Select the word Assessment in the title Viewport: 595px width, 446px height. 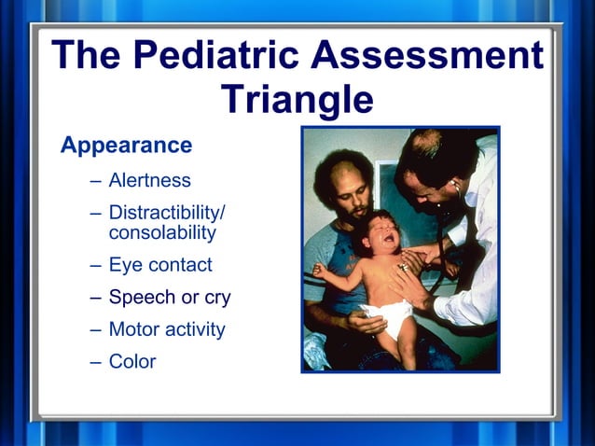(427, 56)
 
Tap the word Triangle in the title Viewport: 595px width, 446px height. (297, 99)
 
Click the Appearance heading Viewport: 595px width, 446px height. (126, 146)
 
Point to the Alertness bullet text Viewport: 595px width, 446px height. (149, 180)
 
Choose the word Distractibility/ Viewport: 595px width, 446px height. (167, 213)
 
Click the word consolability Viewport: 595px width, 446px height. (162, 232)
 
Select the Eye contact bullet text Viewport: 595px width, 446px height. (160, 265)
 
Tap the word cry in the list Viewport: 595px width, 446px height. (217, 299)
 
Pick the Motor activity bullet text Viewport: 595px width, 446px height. (167, 329)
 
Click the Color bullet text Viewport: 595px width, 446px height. (132, 361)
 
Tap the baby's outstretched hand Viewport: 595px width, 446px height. (319, 271)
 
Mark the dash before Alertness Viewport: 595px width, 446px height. (96, 181)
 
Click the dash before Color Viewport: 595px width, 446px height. (96, 362)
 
